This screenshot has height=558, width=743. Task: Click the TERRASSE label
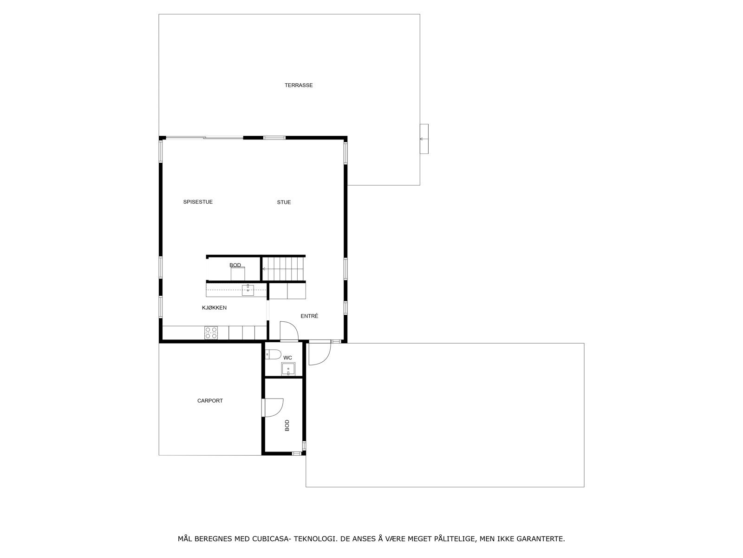(299, 86)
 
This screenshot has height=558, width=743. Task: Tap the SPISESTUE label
(198, 202)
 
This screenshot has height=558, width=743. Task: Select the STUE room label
(284, 202)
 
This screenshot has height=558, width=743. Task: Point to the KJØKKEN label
(214, 308)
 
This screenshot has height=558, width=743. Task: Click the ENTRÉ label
(309, 316)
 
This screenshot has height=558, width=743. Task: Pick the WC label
(288, 358)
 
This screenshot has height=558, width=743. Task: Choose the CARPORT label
(210, 401)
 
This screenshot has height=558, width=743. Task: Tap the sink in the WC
(288, 370)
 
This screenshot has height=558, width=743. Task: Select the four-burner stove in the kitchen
(211, 332)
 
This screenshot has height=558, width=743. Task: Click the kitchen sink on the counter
(248, 291)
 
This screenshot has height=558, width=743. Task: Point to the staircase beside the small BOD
(283, 269)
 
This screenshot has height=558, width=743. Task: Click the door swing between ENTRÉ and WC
(289, 331)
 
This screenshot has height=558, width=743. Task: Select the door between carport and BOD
(273, 407)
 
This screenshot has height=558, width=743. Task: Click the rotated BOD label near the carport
(287, 425)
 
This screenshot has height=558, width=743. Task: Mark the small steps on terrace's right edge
(424, 139)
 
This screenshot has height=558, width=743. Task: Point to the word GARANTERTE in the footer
(541, 539)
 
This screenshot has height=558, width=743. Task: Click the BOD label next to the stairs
(235, 266)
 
